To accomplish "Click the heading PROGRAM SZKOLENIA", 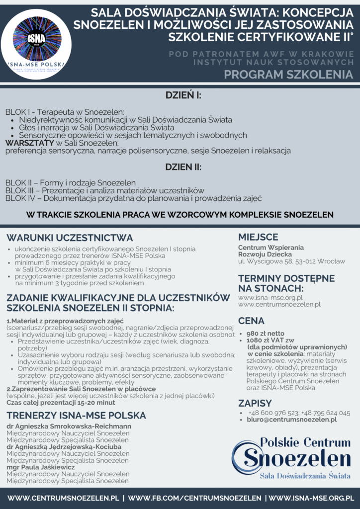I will (288, 75).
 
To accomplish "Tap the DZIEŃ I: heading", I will (180, 96).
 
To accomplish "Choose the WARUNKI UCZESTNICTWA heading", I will (70, 238).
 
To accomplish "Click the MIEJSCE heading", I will (258, 237).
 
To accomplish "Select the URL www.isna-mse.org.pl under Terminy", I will (270, 297).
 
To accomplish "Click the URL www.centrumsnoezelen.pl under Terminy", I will (279, 304).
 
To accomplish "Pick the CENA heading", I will (251, 321).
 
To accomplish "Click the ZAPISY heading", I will (255, 403).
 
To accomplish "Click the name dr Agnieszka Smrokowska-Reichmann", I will (69, 426).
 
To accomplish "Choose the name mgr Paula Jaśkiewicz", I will (41, 467).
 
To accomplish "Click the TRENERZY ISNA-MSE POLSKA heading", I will (76, 415).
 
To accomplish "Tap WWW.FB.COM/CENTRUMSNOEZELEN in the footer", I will (194, 498).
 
